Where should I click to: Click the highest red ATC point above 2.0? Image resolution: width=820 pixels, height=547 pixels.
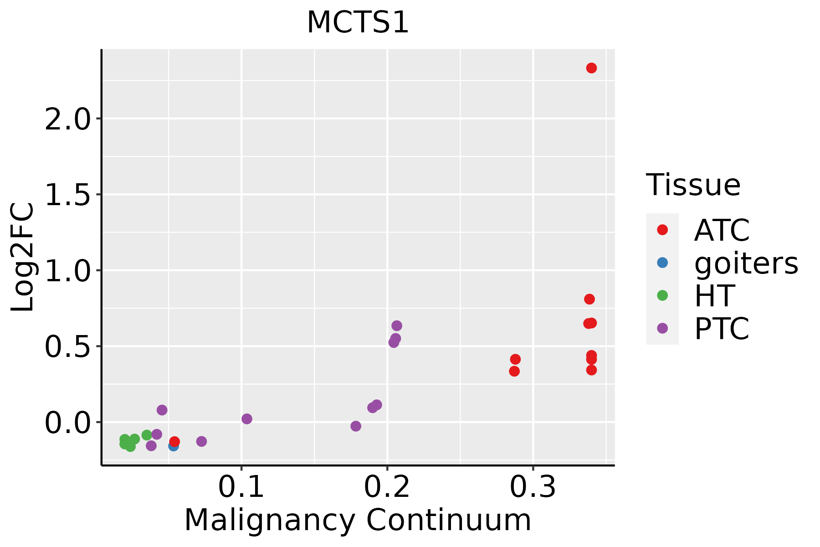[591, 68]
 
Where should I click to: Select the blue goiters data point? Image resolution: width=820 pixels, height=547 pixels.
[173, 446]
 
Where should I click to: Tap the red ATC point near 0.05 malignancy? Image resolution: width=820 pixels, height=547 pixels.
[174, 441]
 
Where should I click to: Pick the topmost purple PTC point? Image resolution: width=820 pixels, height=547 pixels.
[397, 325]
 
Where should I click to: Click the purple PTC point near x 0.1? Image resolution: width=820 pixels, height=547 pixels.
[247, 418]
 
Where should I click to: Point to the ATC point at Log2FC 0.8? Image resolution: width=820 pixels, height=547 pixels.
[589, 299]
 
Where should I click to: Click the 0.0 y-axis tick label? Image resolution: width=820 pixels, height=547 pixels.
[67, 423]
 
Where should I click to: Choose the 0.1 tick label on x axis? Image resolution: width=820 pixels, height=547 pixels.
[241, 487]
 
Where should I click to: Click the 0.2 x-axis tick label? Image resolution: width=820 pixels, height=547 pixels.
[387, 487]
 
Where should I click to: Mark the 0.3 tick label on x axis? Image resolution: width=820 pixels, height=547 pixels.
[533, 487]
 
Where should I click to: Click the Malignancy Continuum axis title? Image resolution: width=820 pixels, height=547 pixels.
[358, 520]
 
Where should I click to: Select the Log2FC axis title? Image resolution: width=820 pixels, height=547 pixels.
[23, 257]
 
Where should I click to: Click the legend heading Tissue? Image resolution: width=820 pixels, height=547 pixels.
[693, 185]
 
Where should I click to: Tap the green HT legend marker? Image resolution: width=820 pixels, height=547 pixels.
[662, 295]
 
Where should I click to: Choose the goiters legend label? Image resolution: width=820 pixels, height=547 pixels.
[746, 263]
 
